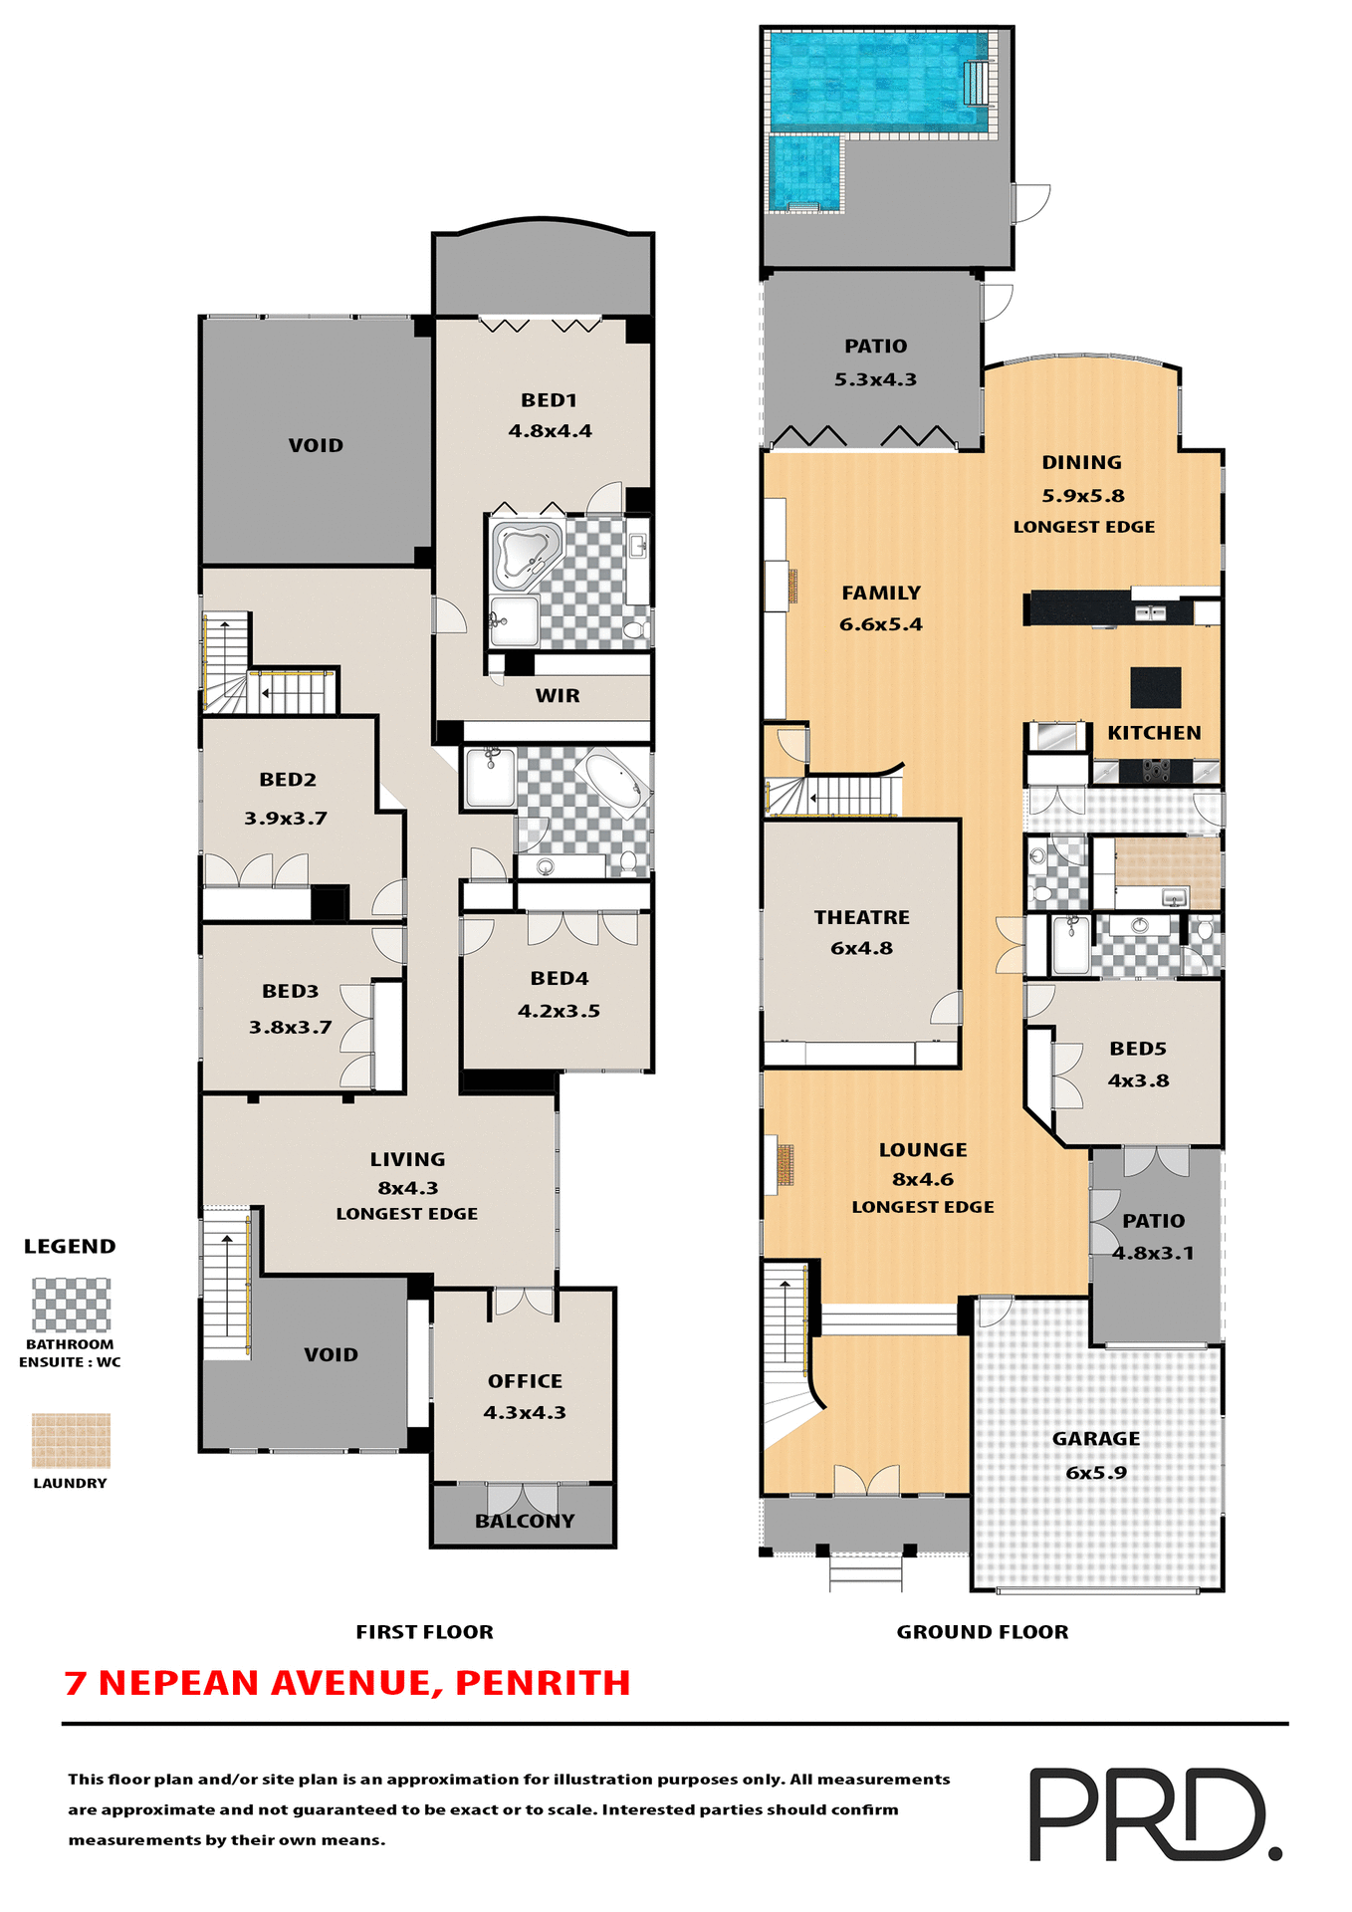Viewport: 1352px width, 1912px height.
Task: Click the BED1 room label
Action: [549, 400]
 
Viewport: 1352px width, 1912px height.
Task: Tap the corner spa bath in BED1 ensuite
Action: [524, 553]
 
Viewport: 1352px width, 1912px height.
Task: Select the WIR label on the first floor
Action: [557, 696]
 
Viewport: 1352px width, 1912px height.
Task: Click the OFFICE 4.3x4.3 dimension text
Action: [525, 1412]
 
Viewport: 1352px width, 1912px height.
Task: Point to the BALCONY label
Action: [525, 1521]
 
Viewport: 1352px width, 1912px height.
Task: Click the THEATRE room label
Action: [861, 917]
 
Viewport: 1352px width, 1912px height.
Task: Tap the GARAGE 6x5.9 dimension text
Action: [1095, 1472]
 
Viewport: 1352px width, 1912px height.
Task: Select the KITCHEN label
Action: [1154, 733]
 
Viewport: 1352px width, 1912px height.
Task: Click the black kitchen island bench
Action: [1155, 687]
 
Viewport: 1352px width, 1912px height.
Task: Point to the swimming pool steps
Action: [977, 83]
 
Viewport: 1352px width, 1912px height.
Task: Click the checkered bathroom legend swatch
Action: [71, 1305]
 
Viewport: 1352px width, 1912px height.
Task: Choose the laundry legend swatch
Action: [71, 1440]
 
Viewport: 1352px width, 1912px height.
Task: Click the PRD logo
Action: [1154, 1813]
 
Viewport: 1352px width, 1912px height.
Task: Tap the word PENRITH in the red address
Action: [543, 1683]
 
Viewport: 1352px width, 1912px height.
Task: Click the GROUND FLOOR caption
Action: [982, 1631]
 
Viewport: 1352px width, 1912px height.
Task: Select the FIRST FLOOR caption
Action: [424, 1631]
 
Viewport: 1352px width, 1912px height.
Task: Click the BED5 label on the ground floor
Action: [1137, 1049]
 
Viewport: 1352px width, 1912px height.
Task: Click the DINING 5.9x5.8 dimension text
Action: [1082, 495]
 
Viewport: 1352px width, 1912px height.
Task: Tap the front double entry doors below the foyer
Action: [866, 1480]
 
